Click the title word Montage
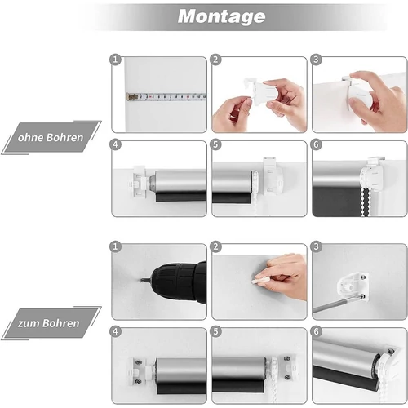click(221, 17)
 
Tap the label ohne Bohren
click(51, 137)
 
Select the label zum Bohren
click(48, 323)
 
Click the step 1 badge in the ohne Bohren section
click(115, 60)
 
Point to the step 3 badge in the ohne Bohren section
click(316, 60)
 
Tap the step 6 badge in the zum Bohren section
click(316, 331)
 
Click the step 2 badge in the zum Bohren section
click(215, 246)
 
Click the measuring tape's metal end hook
click(132, 97)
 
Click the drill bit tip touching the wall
click(141, 279)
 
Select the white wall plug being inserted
click(258, 280)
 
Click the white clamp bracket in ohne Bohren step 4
click(139, 181)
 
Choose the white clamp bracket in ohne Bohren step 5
click(272, 176)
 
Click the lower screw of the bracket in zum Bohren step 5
click(287, 377)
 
